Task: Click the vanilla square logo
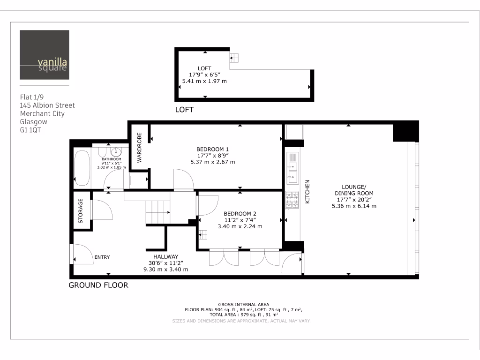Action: click(x=45, y=55)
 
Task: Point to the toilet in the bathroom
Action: click(x=102, y=153)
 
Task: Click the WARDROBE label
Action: click(x=139, y=147)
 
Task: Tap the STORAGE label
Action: click(x=81, y=210)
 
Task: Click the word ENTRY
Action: click(x=102, y=257)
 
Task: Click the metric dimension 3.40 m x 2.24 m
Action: click(x=240, y=226)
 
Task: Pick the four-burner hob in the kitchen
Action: click(x=292, y=201)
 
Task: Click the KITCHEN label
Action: click(x=308, y=192)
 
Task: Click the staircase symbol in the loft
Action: click(x=234, y=58)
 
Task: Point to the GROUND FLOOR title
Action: click(x=98, y=285)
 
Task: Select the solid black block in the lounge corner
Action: click(x=405, y=131)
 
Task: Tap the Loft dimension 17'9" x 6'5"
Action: click(x=204, y=75)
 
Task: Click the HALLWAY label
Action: click(x=166, y=256)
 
